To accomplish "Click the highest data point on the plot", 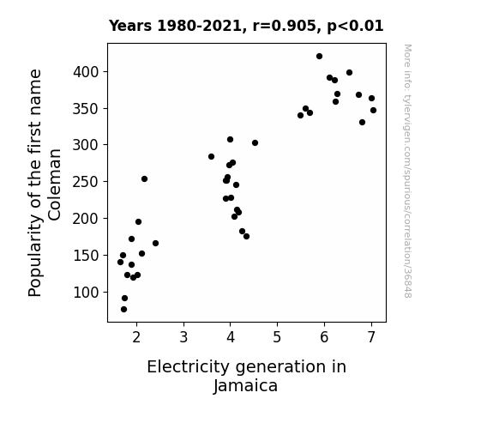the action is pos(319,57).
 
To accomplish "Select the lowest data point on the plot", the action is pos(123,310).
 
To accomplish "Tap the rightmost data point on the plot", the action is pos(373,110).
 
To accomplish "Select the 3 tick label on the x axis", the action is pos(183,337).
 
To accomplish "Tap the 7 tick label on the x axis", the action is pos(371,337).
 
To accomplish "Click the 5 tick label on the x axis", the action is pos(277,337).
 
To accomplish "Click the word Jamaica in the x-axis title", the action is pos(245,386).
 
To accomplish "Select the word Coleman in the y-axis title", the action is pos(55,184).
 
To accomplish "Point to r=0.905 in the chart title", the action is pos(285,26).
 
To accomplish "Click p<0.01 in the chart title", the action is pos(355,26).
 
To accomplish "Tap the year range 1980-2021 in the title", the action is pos(199,26).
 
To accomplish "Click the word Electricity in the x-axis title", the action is pos(189,367).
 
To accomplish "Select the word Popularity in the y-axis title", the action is pos(35,256).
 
